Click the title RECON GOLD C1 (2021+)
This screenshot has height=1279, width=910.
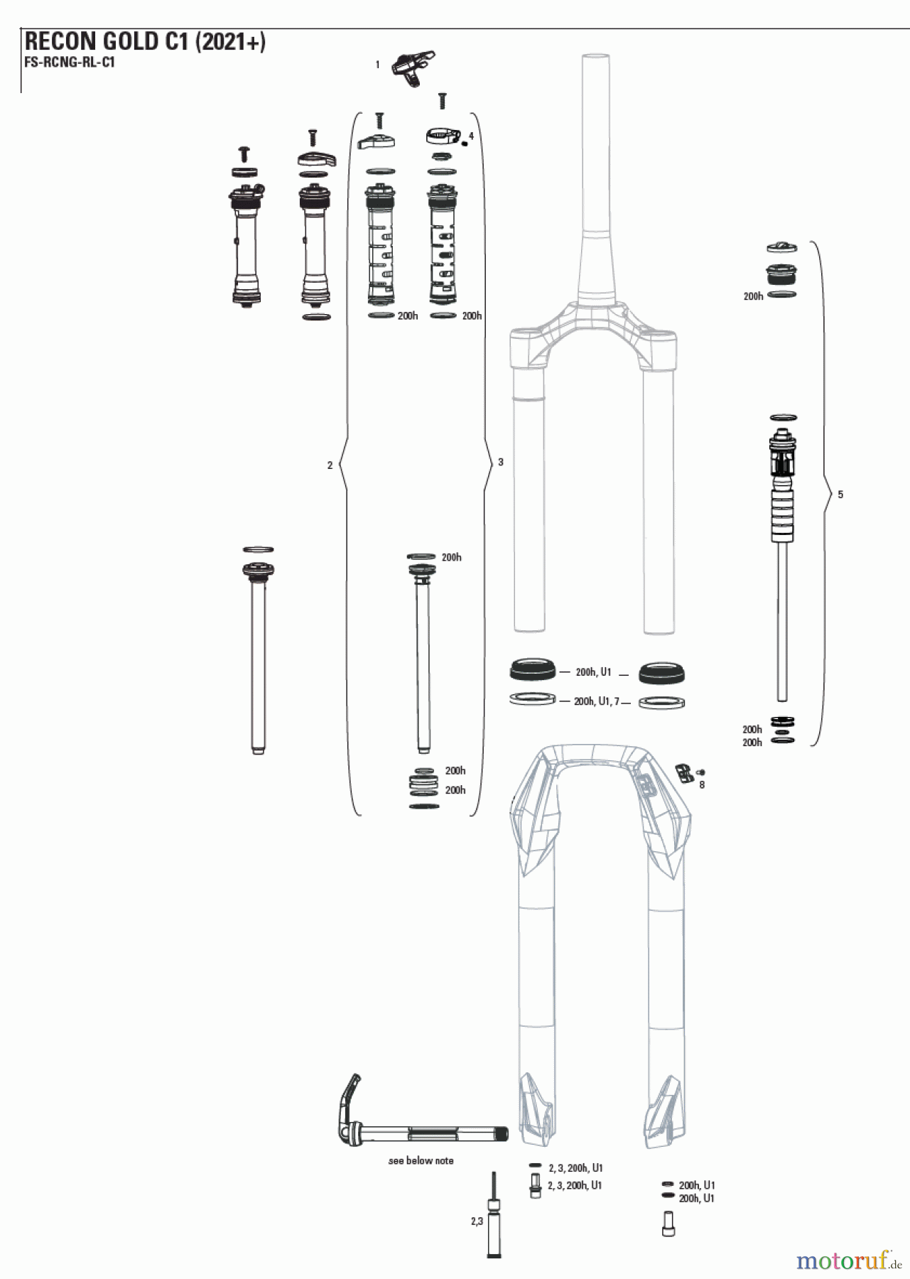pyautogui.click(x=145, y=42)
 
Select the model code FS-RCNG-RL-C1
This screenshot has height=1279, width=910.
pyautogui.click(x=69, y=62)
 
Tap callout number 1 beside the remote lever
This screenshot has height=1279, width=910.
pyautogui.click(x=377, y=65)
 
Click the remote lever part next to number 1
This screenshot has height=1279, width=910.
pyautogui.click(x=413, y=68)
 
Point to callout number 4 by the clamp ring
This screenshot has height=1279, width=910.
pyautogui.click(x=471, y=136)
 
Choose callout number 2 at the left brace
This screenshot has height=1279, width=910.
pyautogui.click(x=330, y=465)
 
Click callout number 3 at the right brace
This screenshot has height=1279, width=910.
pyautogui.click(x=501, y=462)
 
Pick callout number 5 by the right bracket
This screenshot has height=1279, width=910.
pyautogui.click(x=840, y=495)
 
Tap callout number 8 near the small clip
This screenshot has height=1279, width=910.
pyautogui.click(x=702, y=785)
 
